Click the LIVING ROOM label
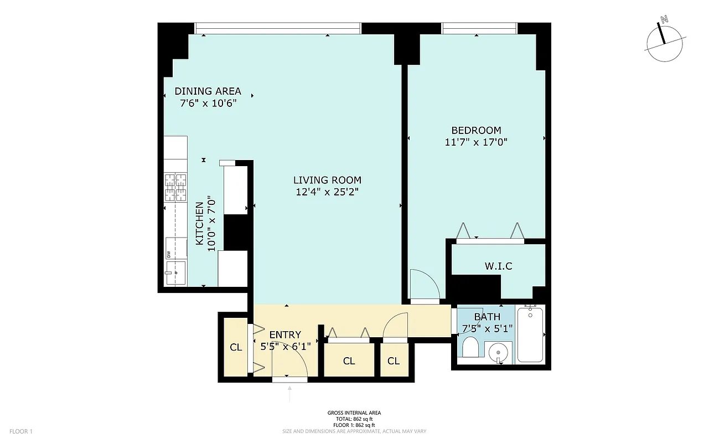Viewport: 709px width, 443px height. point(327,180)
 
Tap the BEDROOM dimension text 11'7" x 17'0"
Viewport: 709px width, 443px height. point(476,142)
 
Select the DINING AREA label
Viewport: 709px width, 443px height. point(208,91)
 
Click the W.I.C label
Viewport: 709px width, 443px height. point(498,266)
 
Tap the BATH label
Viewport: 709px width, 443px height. point(487,317)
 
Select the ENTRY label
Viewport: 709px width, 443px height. point(285,334)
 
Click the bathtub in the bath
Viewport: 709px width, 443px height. point(530,334)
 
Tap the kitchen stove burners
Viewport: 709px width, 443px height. point(175,187)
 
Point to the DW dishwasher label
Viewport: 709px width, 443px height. point(168,255)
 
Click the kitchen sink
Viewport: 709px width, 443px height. point(176,273)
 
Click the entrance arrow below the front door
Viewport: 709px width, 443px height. point(289,394)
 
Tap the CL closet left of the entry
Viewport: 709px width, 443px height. point(236,348)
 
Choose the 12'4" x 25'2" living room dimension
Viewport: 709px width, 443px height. point(327,193)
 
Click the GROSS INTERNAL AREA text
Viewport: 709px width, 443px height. point(354,413)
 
